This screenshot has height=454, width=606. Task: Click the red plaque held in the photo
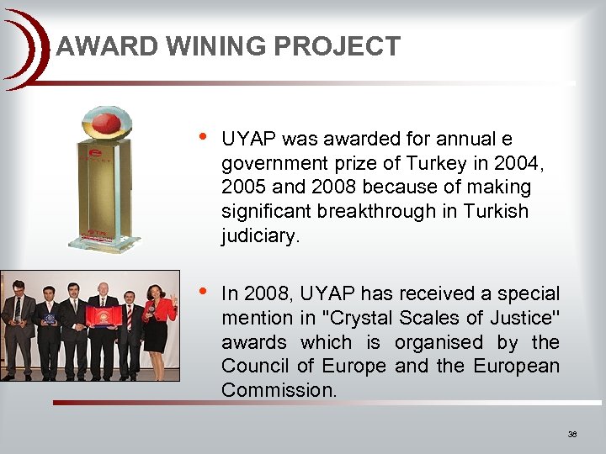(104, 319)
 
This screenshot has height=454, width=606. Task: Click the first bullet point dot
(200, 137)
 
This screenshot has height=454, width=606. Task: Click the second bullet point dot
(200, 292)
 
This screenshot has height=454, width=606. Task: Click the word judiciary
(259, 236)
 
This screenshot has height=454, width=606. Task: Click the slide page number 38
(572, 435)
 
